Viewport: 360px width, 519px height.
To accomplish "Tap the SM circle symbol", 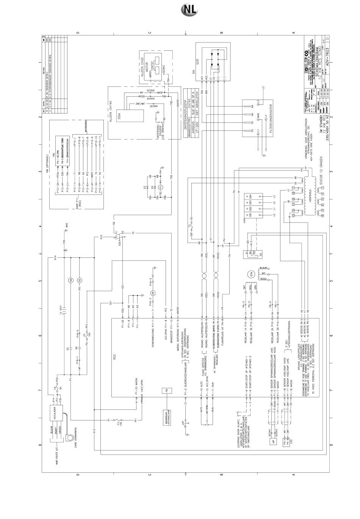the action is point(70,280).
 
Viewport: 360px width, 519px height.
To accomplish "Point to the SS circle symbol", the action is point(80,280).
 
